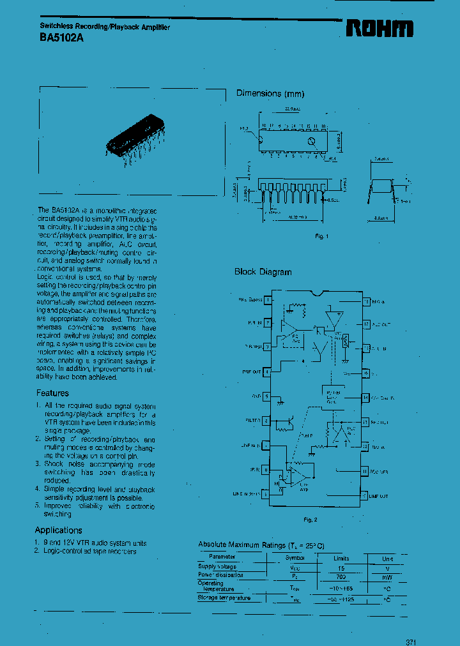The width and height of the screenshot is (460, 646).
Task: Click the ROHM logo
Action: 379,28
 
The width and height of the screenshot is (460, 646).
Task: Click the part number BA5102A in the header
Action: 57,38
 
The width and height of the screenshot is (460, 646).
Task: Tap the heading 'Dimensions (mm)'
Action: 270,93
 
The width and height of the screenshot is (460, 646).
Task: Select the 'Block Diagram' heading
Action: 263,272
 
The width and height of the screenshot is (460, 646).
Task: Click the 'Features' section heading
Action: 52,393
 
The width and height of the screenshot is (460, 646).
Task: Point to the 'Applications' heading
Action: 58,530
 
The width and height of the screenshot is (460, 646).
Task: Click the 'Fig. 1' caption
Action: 321,237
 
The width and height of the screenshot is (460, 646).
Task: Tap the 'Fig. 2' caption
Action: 311,520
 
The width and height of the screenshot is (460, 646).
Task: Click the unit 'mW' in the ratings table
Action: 387,576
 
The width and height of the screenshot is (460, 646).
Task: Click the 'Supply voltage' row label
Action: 217,567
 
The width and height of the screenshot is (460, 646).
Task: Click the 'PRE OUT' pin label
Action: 252,371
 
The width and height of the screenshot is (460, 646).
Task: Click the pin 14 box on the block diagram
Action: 365,397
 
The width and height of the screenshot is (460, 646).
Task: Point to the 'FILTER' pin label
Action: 252,421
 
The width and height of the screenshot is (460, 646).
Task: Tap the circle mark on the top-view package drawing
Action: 311,141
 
